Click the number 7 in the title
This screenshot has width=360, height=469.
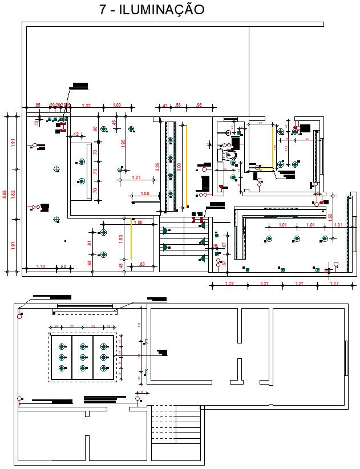pos(103,10)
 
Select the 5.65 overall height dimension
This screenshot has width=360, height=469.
pos(5,195)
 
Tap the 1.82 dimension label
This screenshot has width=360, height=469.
pos(14,195)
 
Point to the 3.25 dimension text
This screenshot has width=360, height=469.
pos(157,168)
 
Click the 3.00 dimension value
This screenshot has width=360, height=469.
pos(179,167)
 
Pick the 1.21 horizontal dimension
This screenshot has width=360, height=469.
pos(136,178)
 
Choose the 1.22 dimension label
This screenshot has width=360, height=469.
pos(86,106)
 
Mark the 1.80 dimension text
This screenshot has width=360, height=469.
pos(138,223)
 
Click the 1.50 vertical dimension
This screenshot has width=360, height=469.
pos(121,238)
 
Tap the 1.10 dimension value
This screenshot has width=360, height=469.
pos(41,266)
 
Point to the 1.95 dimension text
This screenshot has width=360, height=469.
pos(123,143)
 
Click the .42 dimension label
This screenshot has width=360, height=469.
pos(75,135)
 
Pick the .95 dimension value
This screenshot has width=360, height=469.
pos(199,106)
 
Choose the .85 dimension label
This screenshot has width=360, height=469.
pos(38,106)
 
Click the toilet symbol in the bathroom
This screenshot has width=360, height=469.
pos(230,155)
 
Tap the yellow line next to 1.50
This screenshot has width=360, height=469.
pos(131,239)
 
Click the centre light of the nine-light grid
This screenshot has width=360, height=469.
pos(83,357)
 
